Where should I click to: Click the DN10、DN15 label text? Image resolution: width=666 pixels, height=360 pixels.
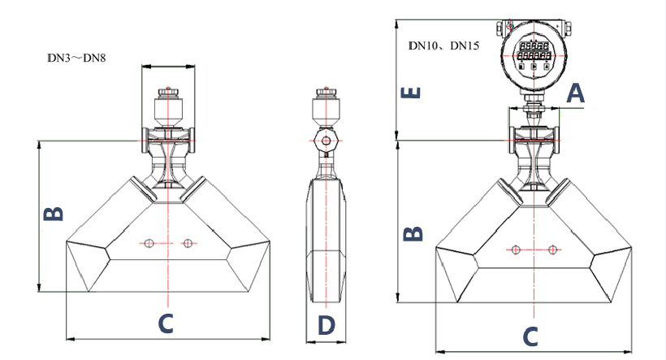(x=443, y=46)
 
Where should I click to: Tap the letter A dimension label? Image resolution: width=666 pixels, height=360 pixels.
(x=575, y=93)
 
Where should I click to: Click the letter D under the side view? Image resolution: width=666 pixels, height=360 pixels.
(x=326, y=325)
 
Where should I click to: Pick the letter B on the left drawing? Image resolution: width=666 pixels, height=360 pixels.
(x=53, y=214)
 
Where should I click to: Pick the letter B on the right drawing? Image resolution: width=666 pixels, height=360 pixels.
(x=413, y=233)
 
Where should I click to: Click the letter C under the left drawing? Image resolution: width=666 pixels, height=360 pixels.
(x=165, y=324)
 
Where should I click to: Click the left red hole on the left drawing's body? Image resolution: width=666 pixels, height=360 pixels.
(x=148, y=242)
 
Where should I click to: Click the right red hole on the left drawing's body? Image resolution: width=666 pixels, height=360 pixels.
(x=188, y=242)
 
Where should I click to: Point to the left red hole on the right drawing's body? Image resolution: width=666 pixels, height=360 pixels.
(x=513, y=249)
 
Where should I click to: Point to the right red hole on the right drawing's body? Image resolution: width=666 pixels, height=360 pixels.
(x=553, y=249)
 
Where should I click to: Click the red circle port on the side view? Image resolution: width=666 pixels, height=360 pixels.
(x=326, y=141)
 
